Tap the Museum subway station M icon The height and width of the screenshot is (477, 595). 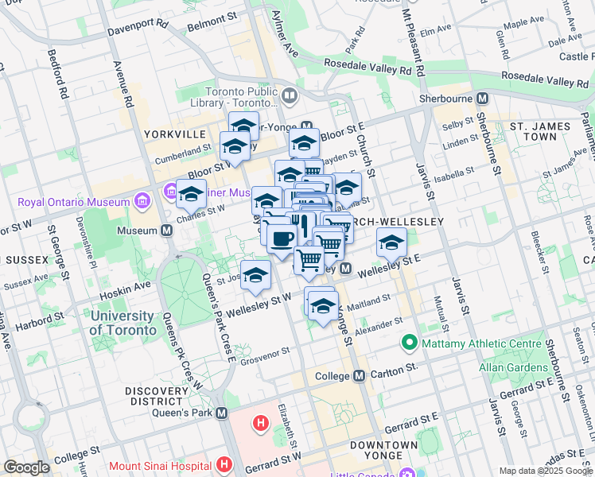coord(167,231)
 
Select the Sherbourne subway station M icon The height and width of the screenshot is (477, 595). coord(481,99)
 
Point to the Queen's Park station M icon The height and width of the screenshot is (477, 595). coord(221,413)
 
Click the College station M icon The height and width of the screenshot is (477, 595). coord(359,375)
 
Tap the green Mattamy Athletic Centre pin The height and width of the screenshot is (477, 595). coord(410,344)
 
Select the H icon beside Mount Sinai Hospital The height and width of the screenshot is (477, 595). coord(225,463)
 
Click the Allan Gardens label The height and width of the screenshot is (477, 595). coord(510,367)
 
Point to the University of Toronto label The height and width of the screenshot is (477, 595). coord(122,322)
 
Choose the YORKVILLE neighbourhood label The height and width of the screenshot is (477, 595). coord(176,134)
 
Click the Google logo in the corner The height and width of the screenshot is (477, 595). coord(26,467)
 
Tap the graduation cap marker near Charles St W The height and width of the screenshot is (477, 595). coord(191,192)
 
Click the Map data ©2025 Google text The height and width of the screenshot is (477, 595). coord(546,471)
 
